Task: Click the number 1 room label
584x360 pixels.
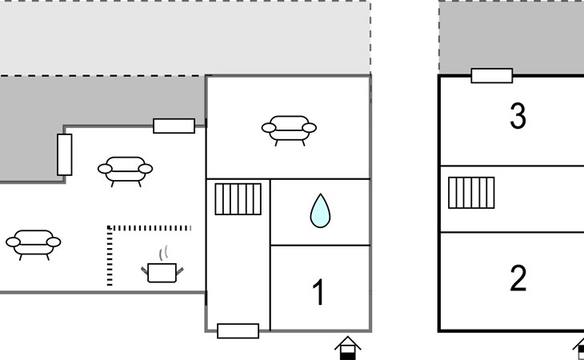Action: click(318, 293)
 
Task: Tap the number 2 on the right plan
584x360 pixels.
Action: click(518, 279)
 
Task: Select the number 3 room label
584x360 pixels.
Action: click(518, 117)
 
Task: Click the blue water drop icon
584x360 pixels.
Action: click(320, 210)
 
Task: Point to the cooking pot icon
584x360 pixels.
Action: click(164, 271)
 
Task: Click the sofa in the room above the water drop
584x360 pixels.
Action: click(288, 127)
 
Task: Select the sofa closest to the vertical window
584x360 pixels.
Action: click(125, 169)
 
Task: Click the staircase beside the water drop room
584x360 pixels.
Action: click(238, 199)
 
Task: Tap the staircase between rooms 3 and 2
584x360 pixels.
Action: click(471, 193)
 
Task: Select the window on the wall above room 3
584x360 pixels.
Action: click(491, 76)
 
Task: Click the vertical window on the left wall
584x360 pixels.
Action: click(65, 154)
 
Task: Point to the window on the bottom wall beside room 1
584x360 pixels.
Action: click(238, 330)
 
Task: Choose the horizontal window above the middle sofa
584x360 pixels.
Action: click(174, 126)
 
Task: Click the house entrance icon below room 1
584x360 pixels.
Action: click(347, 348)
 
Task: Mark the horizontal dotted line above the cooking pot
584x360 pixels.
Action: click(150, 228)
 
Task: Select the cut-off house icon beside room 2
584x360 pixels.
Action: click(579, 346)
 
